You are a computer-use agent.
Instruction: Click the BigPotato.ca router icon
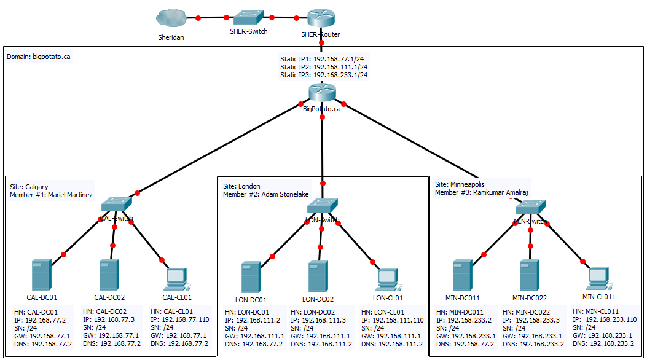(322, 93)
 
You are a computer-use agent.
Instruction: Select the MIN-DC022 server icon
(530, 276)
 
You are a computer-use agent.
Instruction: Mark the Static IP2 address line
(324, 67)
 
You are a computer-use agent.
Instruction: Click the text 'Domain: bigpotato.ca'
(38, 57)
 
